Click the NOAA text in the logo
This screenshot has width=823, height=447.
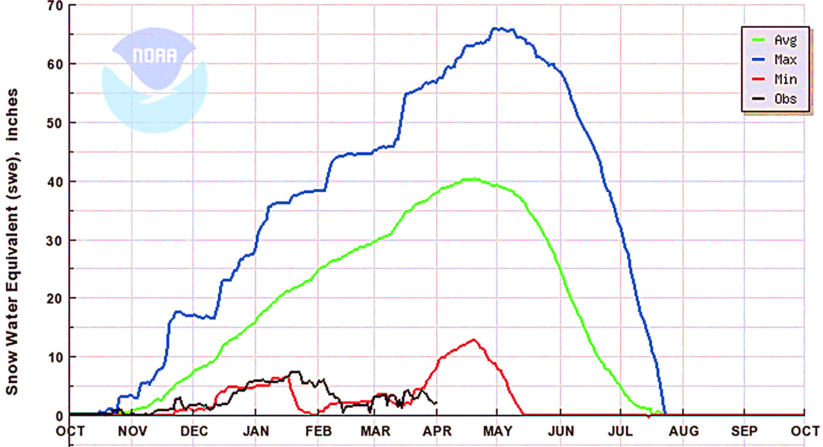pos(155,56)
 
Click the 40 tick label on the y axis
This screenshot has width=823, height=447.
pos(55,182)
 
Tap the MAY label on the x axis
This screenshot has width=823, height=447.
pos(497,431)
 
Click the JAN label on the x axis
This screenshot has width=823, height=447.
pos(256,431)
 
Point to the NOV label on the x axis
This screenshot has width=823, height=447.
pos(132,431)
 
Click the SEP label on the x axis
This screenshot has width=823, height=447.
pos(745,431)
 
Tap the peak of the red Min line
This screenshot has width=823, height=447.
pos(474,340)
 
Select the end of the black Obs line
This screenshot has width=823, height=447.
pos(436,403)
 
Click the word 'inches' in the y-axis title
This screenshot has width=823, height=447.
pos(12,115)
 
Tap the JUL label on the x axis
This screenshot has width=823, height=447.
pos(620,431)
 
